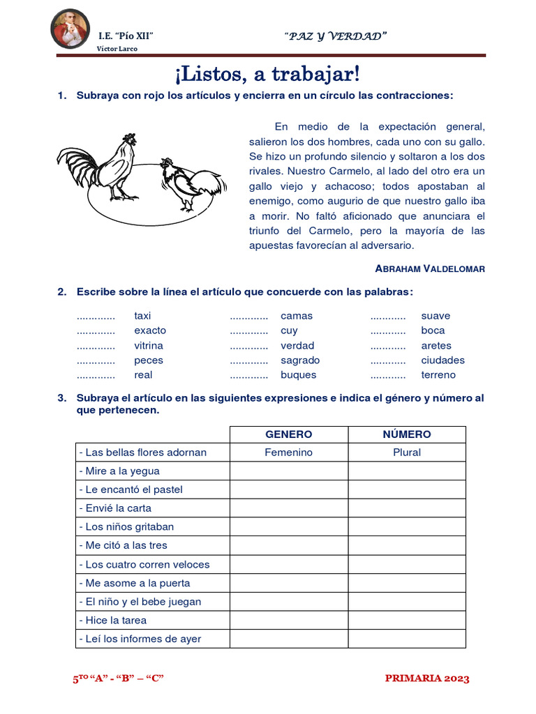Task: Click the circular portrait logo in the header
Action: tap(70, 30)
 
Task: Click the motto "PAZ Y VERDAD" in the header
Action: tap(336, 36)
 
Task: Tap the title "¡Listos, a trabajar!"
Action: tap(267, 73)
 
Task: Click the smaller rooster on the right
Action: tap(189, 183)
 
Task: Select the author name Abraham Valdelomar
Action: tap(429, 268)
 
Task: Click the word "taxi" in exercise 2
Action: tap(142, 316)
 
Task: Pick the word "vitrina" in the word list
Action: tap(149, 346)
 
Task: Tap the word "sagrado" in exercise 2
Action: tap(300, 360)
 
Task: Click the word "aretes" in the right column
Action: tap(436, 346)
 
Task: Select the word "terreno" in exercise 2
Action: tap(438, 375)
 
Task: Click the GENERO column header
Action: tap(289, 434)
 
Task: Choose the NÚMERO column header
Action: tap(407, 434)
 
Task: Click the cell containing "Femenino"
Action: tap(289, 453)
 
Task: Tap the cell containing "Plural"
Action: tap(407, 453)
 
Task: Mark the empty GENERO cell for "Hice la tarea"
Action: tap(289, 621)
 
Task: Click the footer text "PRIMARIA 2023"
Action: tap(427, 678)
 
